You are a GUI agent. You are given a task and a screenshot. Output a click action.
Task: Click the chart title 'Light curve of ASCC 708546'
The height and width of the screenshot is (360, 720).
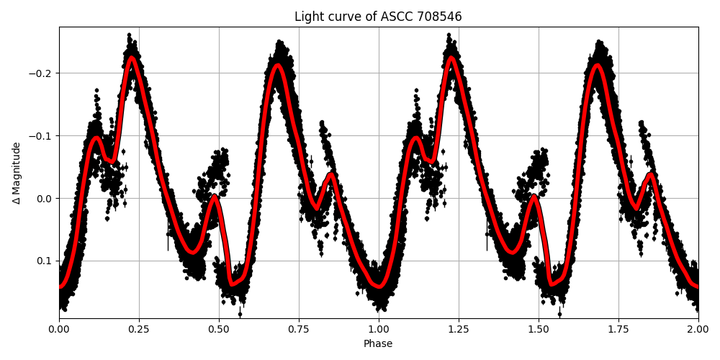[378, 17]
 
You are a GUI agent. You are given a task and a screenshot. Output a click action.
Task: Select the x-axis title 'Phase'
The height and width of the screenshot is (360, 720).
[378, 344]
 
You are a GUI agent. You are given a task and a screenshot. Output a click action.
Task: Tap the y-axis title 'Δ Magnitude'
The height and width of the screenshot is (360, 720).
[17, 173]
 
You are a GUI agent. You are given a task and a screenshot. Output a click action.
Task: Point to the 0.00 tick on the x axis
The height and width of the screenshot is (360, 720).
[59, 329]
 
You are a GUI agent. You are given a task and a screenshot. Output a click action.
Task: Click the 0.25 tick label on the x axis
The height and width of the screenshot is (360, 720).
[139, 329]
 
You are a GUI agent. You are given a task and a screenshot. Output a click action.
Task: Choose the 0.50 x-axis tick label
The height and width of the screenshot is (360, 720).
[219, 329]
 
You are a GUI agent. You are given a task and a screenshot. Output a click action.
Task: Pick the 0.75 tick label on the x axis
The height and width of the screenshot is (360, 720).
[299, 329]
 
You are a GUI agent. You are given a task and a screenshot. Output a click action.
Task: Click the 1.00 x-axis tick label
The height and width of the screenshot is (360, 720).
[379, 329]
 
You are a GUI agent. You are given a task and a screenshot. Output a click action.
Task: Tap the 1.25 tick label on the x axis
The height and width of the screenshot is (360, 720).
[459, 329]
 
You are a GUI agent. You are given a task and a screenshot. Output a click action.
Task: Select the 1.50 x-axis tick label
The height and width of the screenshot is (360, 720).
[539, 329]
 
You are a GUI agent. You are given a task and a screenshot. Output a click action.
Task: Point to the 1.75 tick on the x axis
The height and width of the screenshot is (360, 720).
[618, 329]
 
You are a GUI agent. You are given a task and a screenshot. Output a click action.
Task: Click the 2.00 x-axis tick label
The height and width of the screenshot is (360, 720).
[698, 329]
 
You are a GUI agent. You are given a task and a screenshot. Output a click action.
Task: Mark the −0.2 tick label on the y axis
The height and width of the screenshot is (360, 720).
[41, 73]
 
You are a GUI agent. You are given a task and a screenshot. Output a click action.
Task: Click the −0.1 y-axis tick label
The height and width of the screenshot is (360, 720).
[41, 136]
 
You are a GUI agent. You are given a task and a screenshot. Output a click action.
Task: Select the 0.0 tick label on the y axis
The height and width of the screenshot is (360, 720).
[44, 199]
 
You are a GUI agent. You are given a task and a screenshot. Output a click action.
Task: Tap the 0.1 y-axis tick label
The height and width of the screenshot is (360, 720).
[44, 261]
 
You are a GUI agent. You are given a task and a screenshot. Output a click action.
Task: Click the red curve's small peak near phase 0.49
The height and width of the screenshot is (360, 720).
[215, 196]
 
